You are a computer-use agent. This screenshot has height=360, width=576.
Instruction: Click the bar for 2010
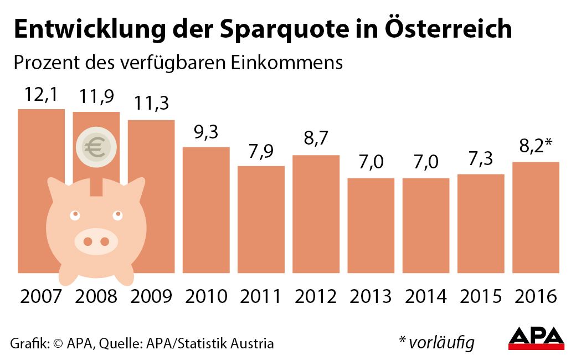click(206, 210)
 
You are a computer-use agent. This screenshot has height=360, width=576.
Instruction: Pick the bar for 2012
click(316, 214)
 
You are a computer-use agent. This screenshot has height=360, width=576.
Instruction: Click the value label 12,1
click(41, 95)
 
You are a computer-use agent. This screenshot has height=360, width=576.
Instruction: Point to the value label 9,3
click(206, 133)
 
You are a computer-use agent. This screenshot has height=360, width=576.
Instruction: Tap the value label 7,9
click(261, 152)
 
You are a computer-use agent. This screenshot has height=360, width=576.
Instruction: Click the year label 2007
click(41, 296)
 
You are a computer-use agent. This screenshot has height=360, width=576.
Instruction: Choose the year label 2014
click(425, 296)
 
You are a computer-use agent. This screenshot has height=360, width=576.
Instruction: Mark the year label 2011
click(261, 296)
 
